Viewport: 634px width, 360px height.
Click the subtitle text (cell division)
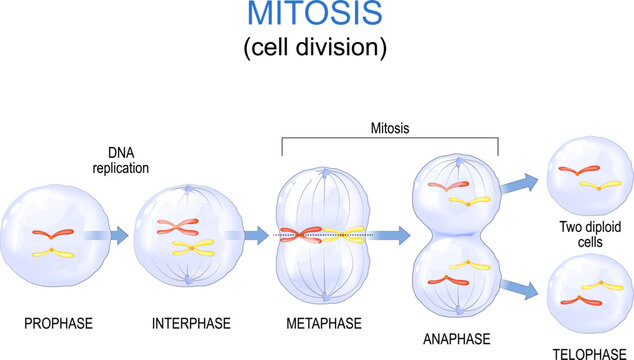[x=316, y=47]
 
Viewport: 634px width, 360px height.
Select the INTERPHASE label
[x=191, y=323]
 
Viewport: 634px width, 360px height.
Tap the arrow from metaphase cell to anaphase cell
[x=392, y=236]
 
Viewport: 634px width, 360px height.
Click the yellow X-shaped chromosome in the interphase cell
[x=196, y=246]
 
